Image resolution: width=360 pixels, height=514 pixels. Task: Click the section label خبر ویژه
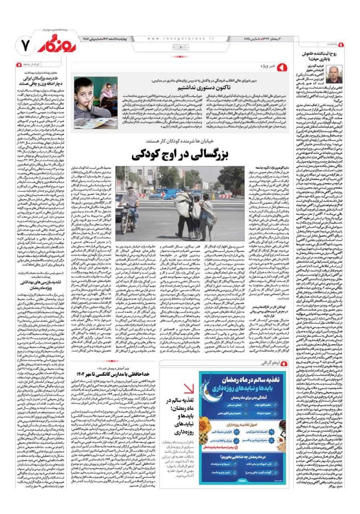pos(268,66)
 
